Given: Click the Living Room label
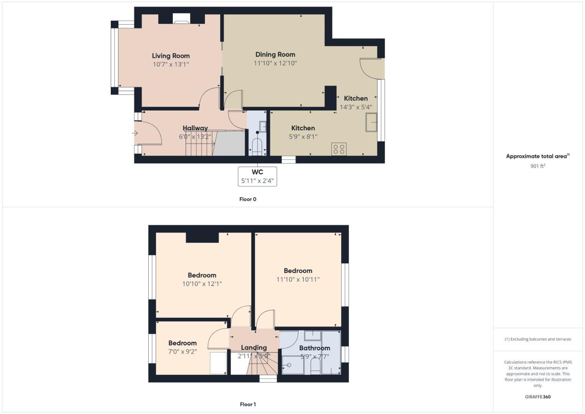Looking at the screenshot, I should pyautogui.click(x=170, y=56).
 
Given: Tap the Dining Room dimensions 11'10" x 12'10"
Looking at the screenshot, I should pyautogui.click(x=275, y=63).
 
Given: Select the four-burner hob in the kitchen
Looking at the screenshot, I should pyautogui.click(x=339, y=149).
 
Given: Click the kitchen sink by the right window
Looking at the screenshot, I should pyautogui.click(x=371, y=122).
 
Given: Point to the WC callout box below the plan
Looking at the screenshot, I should pyautogui.click(x=257, y=176).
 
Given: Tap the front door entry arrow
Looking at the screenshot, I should pyautogui.click(x=135, y=133).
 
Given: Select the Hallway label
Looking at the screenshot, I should pyautogui.click(x=195, y=128).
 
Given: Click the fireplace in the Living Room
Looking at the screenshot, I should pyautogui.click(x=181, y=19).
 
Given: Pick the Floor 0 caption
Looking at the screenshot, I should pyautogui.click(x=247, y=199).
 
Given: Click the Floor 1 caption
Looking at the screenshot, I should pyautogui.click(x=247, y=404).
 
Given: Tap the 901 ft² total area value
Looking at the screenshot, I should pyautogui.click(x=537, y=166).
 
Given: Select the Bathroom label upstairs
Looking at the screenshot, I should pyautogui.click(x=315, y=348).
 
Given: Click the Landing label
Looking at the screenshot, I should pyautogui.click(x=254, y=348).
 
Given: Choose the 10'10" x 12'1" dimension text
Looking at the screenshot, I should pyautogui.click(x=202, y=284).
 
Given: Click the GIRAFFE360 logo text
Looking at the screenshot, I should pyautogui.click(x=537, y=397).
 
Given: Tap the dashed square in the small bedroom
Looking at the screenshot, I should pyautogui.click(x=218, y=363).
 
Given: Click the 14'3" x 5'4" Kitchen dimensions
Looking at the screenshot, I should pyautogui.click(x=356, y=107).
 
